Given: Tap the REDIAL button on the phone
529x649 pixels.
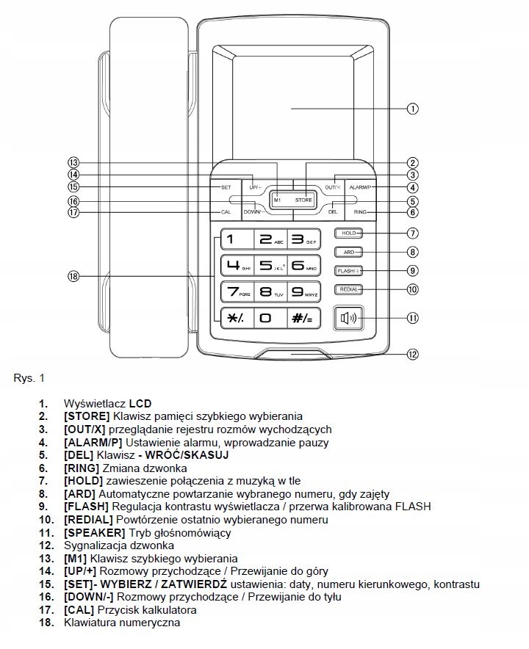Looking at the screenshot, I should click(x=349, y=289).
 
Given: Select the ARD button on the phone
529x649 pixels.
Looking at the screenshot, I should click(x=349, y=252).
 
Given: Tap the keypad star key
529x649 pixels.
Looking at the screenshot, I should click(x=233, y=318).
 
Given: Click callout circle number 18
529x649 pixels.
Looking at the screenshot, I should click(x=72, y=276).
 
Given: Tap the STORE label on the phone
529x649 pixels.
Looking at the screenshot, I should click(x=303, y=200).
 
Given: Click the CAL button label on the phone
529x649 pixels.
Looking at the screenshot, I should click(x=226, y=212).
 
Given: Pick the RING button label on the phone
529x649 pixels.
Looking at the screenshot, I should click(x=359, y=212).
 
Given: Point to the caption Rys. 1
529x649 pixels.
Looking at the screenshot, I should click(x=29, y=379).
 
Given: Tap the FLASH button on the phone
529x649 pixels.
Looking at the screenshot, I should click(x=349, y=271).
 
